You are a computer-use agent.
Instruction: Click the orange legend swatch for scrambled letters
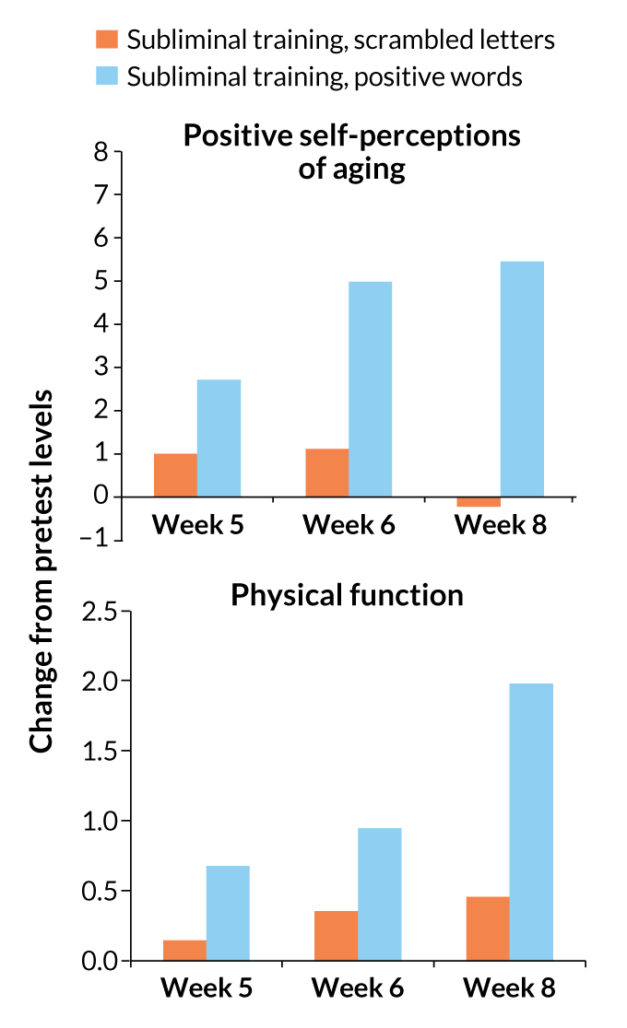tap(107, 40)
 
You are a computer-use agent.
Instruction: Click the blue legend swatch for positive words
tap(107, 76)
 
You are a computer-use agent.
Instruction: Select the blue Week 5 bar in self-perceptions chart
tap(219, 438)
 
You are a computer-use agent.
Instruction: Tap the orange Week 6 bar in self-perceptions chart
tap(326, 473)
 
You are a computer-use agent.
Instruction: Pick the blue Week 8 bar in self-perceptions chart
tap(522, 379)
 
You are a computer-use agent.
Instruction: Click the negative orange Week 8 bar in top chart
tap(479, 502)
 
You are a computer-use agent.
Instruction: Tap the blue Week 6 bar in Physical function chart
tap(380, 894)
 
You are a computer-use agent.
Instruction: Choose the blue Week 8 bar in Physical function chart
tap(531, 822)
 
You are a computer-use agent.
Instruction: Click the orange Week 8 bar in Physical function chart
tap(488, 929)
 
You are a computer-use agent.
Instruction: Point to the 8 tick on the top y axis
tap(101, 151)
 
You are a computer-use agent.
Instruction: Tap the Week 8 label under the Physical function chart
tap(509, 989)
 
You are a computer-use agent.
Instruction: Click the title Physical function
tap(347, 595)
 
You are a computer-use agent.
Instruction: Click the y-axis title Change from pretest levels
tap(41, 570)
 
